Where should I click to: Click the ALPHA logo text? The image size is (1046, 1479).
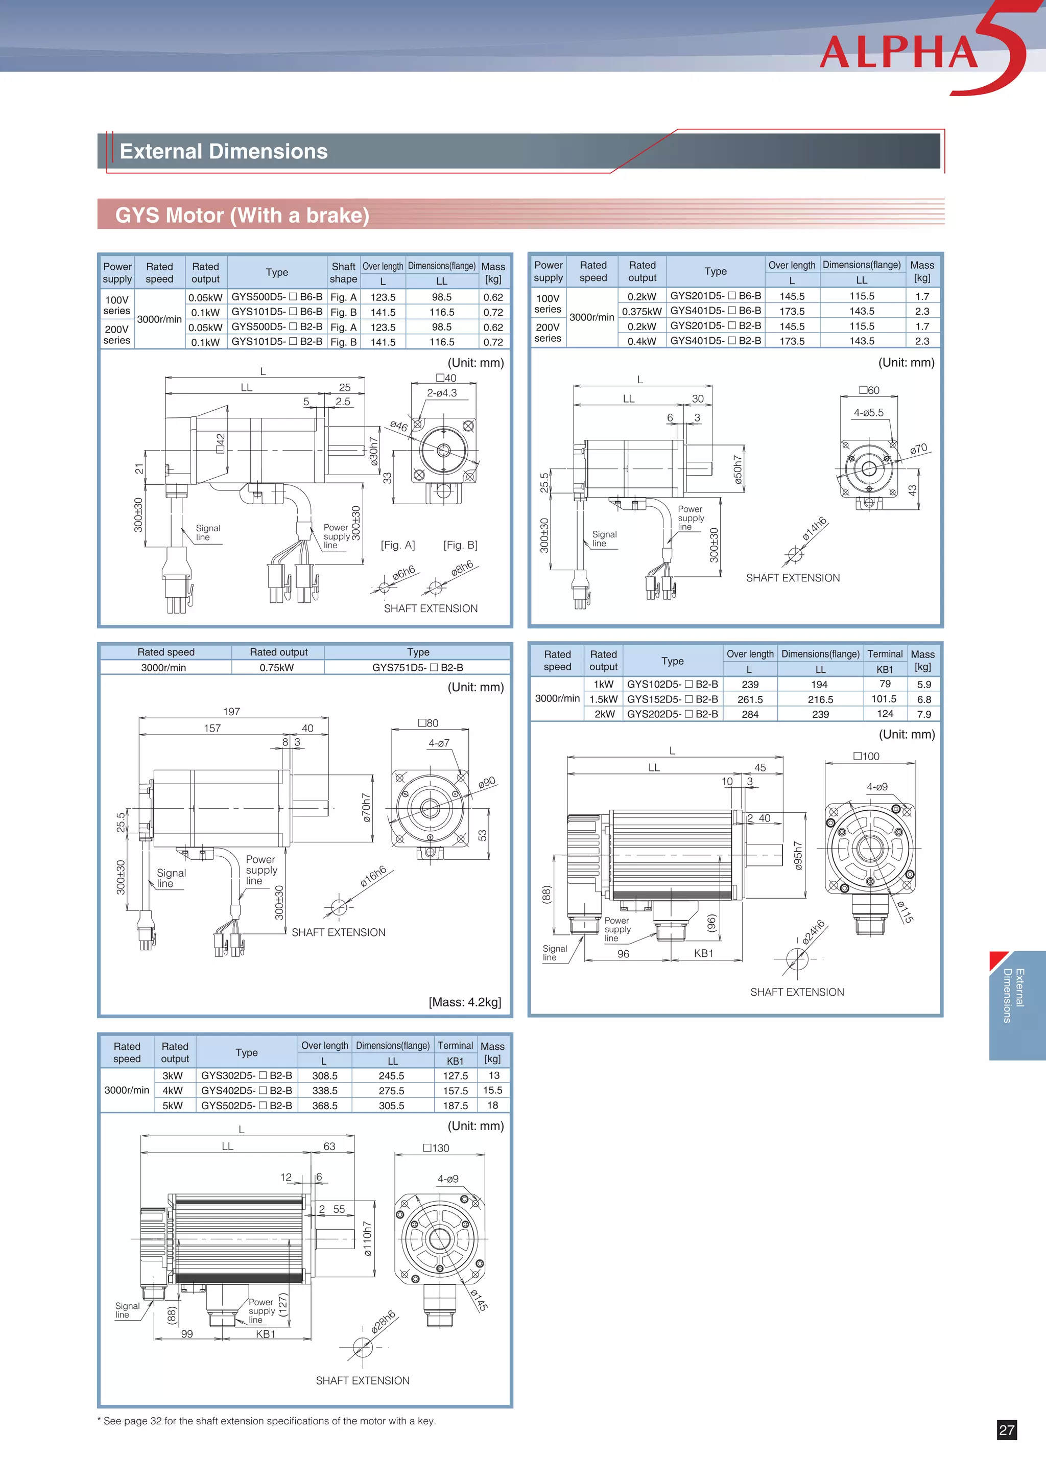899,52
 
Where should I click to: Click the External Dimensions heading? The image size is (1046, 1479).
224,151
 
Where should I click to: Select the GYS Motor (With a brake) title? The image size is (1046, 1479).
242,215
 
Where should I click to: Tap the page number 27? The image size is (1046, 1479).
1006,1430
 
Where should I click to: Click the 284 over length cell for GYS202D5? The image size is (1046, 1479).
750,714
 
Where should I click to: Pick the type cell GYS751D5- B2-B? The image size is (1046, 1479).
417,667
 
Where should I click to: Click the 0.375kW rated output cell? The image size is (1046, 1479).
641,311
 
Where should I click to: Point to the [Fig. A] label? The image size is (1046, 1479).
397,545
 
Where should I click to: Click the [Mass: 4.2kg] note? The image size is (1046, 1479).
464,1002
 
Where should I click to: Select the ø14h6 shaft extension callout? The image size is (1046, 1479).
814,529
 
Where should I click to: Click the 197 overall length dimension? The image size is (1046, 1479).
231,711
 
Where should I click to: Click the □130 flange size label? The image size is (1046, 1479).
436,1148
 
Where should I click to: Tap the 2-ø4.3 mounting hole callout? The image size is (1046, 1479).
441,393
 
